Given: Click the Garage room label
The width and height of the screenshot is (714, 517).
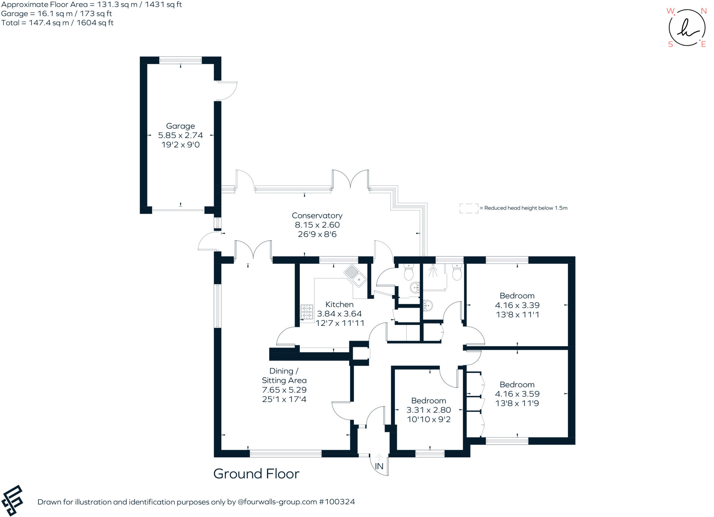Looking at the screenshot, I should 180,126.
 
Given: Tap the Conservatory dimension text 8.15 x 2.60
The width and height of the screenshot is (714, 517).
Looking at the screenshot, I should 317,225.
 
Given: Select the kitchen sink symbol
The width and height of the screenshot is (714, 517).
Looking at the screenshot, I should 355,276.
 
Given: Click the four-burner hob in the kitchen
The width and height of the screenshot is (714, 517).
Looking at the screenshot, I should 307,312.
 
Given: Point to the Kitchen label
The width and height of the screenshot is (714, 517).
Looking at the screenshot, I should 339,304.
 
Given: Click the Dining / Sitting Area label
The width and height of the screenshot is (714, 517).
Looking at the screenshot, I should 284,375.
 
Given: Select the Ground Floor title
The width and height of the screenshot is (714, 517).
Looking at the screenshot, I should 256,474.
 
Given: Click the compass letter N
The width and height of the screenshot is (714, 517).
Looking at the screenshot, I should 704,11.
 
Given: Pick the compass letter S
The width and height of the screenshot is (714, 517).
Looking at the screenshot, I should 670,44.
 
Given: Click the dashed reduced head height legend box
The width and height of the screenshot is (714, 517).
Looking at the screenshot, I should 469,208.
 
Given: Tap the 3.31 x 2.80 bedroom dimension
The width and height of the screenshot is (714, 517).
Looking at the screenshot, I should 428,410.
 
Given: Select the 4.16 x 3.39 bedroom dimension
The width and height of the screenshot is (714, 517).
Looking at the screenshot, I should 517,305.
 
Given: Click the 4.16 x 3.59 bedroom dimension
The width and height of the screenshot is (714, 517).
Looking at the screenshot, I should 517,394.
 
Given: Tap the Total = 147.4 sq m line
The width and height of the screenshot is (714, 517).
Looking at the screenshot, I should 58,23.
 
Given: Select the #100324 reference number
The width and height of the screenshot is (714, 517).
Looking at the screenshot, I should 337,502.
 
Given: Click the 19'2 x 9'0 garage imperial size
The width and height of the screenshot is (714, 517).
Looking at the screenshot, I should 180,145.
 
